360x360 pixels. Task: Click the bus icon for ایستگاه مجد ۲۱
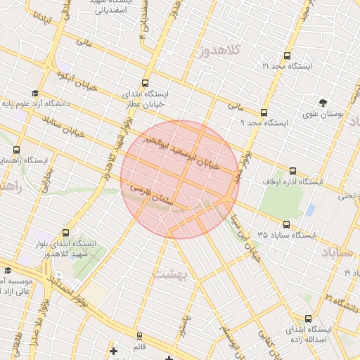[x=285, y=56]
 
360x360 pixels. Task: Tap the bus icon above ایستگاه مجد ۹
[x=264, y=112]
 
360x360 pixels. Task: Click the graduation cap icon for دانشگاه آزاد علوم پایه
[x=34, y=94]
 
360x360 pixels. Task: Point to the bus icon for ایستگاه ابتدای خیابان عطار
[x=146, y=82]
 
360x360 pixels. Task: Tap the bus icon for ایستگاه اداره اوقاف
[x=293, y=172]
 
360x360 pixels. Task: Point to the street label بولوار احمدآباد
[x=70, y=285]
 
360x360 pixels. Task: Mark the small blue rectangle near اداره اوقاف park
[x=310, y=210]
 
